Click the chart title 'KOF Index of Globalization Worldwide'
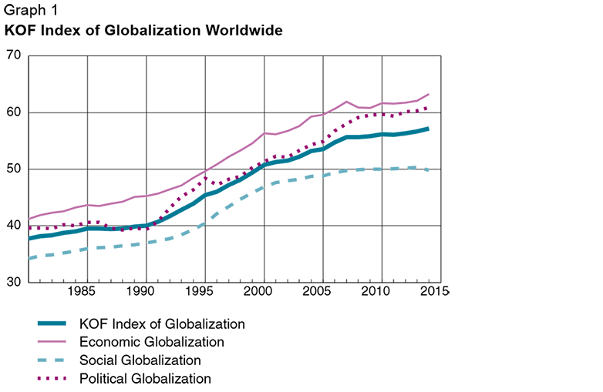(x=144, y=32)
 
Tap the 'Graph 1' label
(x=30, y=12)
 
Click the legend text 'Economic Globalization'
(x=152, y=342)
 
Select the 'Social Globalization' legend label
(x=140, y=360)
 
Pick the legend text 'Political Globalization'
(x=145, y=379)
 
